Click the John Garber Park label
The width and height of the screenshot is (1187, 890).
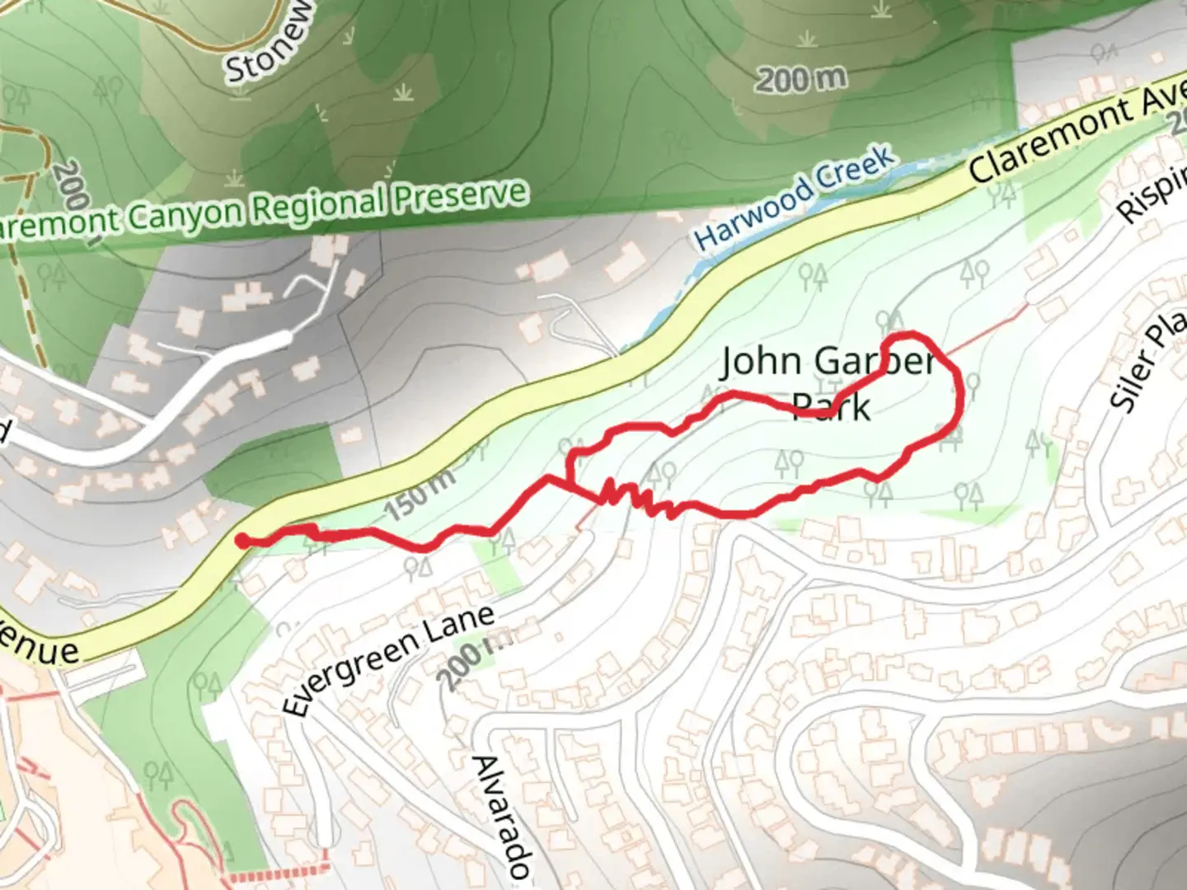(x=829, y=382)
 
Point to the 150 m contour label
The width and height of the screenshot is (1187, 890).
(x=419, y=494)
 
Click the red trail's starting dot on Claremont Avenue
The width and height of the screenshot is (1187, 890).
(x=242, y=541)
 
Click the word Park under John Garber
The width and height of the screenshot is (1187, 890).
(x=831, y=407)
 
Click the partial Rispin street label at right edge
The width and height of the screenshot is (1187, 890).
(x=1154, y=194)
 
